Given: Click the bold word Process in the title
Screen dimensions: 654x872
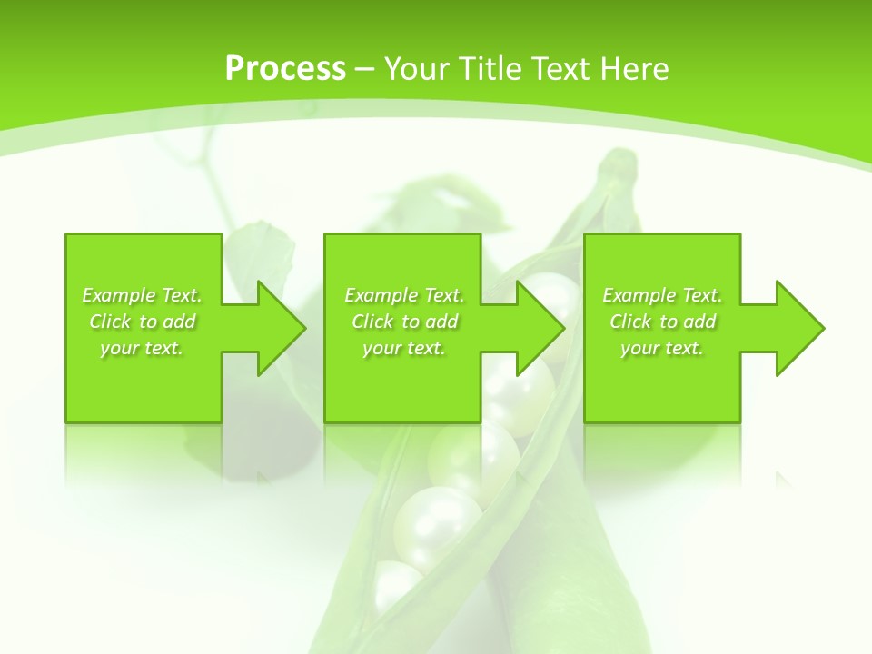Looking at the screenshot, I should click(285, 69).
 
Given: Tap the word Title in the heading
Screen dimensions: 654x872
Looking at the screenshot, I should click(491, 69).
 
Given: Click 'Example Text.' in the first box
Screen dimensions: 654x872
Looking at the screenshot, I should click(143, 295).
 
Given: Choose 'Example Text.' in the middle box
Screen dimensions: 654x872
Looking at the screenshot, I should click(404, 295).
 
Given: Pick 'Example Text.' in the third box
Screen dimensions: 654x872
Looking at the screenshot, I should click(662, 295).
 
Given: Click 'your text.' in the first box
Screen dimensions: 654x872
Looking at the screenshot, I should click(142, 348).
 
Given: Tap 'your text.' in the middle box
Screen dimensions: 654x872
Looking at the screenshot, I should click(404, 348).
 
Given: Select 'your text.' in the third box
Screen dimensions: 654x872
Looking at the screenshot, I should click(662, 348).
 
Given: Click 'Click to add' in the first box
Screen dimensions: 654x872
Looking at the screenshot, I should click(143, 322).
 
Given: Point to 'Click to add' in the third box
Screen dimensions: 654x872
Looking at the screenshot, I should click(663, 322).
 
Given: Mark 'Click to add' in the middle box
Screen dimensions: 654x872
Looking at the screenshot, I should click(404, 322).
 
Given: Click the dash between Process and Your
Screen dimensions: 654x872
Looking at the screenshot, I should click(365, 70).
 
